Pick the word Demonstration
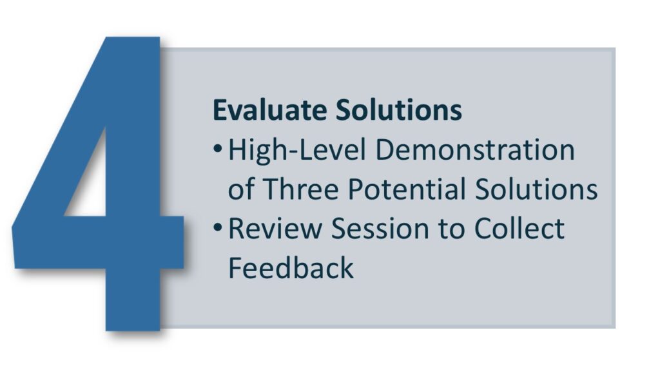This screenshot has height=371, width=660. [x=475, y=150]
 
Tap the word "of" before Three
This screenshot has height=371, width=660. [x=241, y=189]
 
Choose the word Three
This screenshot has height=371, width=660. [x=300, y=189]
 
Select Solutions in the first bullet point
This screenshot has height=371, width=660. [x=536, y=189]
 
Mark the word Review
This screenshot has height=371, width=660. [x=275, y=229]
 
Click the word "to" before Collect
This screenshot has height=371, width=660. [x=452, y=229]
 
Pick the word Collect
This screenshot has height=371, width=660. [x=519, y=229]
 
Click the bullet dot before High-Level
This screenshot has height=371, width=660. [x=218, y=149]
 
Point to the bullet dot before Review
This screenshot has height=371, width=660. [x=218, y=227]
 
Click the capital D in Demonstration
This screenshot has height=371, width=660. [x=386, y=150]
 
